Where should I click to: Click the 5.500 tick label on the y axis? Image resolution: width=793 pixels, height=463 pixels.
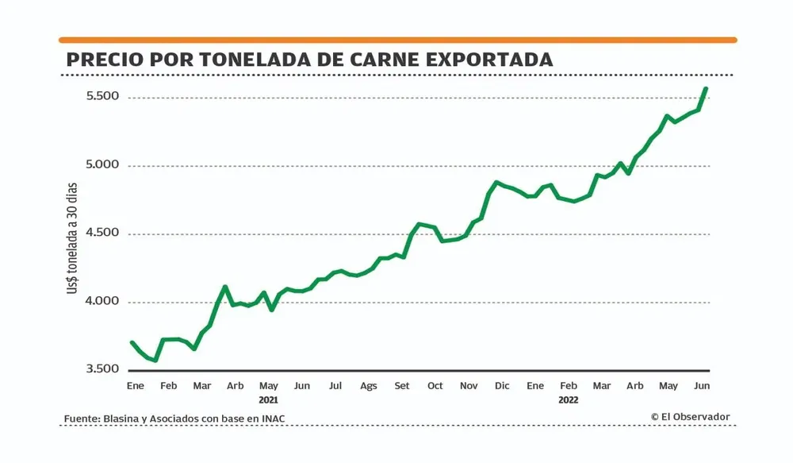(102, 97)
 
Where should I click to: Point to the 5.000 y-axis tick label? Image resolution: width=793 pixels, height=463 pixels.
(102, 165)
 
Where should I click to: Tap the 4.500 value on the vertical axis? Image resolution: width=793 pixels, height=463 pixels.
(102, 233)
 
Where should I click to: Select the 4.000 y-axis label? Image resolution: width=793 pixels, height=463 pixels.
(102, 302)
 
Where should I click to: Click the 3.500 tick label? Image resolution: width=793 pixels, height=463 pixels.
(102, 370)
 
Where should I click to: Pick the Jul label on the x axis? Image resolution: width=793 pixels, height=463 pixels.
(335, 386)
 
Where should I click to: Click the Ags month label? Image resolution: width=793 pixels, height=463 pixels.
(369, 386)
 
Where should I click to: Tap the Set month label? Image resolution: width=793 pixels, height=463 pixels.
(402, 386)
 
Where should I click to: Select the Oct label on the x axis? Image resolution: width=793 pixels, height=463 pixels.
(435, 386)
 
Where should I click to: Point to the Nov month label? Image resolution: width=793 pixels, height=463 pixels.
(469, 386)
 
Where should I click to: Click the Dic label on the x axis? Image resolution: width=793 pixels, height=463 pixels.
(502, 386)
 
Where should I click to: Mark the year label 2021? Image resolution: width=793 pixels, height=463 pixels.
(269, 399)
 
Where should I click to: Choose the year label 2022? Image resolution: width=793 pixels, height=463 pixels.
(569, 399)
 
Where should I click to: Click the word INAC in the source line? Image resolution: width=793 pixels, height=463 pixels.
(272, 419)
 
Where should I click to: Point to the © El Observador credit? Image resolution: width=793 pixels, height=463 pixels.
(691, 417)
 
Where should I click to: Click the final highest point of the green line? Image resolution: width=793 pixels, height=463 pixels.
(706, 88)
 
